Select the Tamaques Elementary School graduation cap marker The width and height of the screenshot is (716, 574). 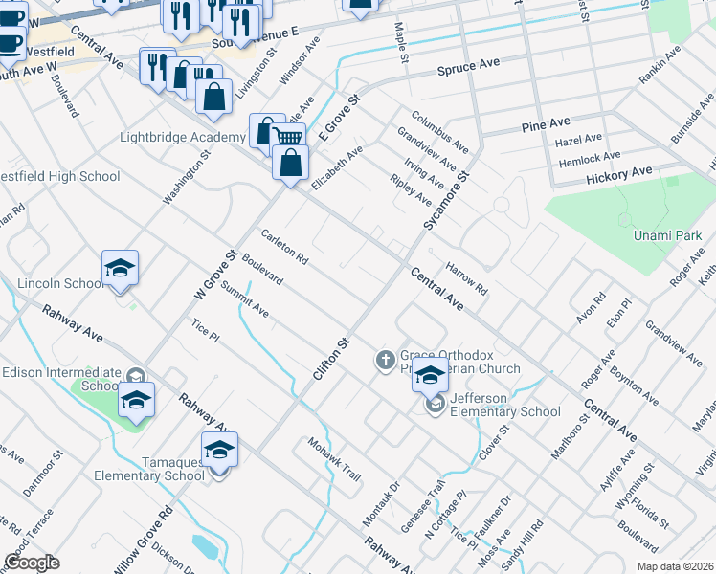click(x=219, y=450)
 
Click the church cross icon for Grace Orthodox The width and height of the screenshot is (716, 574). click(x=385, y=361)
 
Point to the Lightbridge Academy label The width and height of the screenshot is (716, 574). click(x=182, y=137)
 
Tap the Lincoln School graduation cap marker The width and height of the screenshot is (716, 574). click(x=121, y=268)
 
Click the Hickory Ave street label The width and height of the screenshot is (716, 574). click(x=618, y=174)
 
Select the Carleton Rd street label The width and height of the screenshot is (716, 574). click(x=284, y=246)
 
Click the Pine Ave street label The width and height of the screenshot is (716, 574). click(x=546, y=126)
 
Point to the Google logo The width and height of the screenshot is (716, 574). click(x=33, y=562)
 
